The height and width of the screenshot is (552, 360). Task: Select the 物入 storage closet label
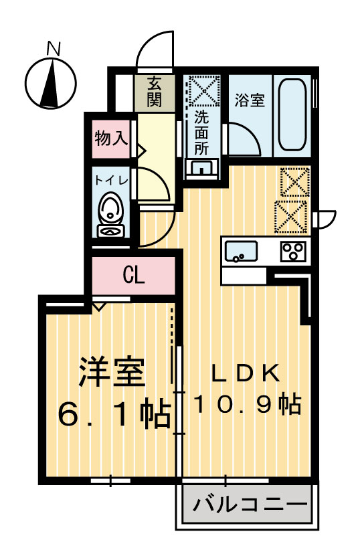(110, 139)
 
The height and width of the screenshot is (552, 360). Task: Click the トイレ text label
(108, 179)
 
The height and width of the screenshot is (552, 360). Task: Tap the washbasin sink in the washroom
(201, 168)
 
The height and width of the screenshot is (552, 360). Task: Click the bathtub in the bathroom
(292, 115)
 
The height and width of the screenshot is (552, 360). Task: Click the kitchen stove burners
(293, 252)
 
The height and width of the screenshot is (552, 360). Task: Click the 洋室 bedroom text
(112, 372)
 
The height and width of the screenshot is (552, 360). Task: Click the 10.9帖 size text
(248, 404)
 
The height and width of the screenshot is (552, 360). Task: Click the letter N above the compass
(54, 48)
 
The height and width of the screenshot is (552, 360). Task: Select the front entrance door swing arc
(155, 45)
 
